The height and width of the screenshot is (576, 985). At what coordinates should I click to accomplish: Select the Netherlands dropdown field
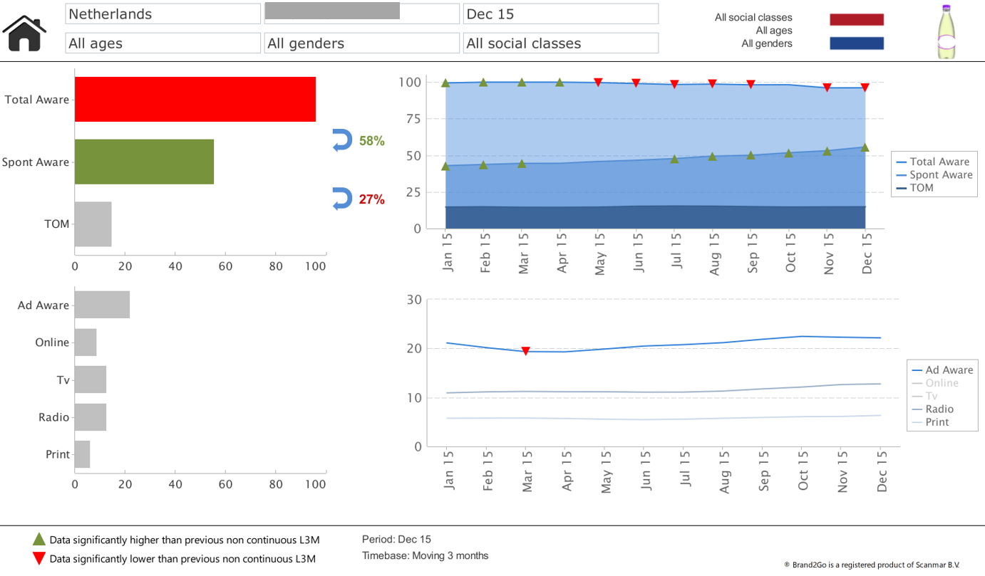[163, 14]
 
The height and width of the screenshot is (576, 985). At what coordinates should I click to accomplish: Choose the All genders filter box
[361, 43]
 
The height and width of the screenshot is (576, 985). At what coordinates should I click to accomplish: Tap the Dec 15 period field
[560, 14]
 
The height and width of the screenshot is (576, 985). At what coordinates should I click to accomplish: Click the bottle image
[947, 32]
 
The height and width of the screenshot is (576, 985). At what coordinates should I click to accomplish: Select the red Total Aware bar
[195, 99]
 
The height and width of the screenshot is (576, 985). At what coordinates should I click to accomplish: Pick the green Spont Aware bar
[144, 162]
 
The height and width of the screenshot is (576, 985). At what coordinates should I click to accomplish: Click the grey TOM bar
[93, 224]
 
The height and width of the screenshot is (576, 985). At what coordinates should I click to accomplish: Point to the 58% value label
[371, 141]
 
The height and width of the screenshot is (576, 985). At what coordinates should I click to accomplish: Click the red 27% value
[371, 199]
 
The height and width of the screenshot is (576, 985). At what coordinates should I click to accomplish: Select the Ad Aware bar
[102, 305]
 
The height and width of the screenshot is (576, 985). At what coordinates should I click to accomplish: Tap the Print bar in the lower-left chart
[83, 454]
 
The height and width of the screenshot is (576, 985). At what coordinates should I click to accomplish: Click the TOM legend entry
[922, 188]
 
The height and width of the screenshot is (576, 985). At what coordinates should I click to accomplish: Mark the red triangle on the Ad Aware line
[525, 351]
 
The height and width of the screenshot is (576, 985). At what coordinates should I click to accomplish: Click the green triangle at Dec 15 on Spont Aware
[865, 147]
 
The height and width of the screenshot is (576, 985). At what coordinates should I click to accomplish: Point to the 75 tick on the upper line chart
[413, 119]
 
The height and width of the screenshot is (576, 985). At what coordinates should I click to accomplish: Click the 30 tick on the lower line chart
[414, 299]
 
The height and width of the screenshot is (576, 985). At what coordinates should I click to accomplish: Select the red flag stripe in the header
[856, 19]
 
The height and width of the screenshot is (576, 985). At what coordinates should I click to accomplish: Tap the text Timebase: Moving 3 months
[425, 555]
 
